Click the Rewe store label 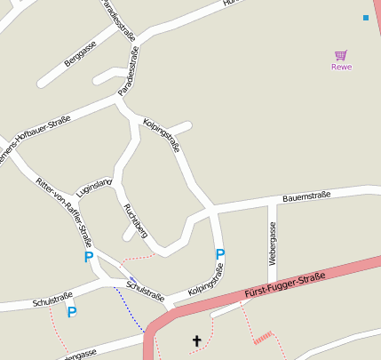point(341,67)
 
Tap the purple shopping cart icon point(341,55)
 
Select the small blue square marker point(365,18)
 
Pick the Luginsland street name point(94,188)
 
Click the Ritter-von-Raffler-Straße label point(64,210)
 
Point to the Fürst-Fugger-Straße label point(283,286)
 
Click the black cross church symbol point(196,340)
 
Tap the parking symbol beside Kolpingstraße point(220,254)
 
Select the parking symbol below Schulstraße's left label point(72,312)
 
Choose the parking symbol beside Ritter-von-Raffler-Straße point(88,257)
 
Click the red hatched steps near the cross point(263,337)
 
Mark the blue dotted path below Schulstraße point(129,311)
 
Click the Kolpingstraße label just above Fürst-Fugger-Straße point(205,280)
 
